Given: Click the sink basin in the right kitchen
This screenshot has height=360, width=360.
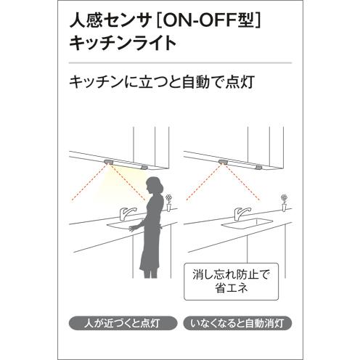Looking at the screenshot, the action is click(247, 223).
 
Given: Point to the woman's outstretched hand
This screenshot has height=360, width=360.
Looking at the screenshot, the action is click(134, 228).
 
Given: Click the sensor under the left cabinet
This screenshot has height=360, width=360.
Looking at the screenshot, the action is click(109, 162).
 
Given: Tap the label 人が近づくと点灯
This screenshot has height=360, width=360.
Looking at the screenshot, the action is click(123, 323).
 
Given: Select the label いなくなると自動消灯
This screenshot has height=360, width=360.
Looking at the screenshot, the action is click(237, 323).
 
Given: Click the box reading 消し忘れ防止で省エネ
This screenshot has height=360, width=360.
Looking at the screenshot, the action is click(232, 282).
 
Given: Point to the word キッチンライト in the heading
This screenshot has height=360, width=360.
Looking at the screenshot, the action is click(123, 43).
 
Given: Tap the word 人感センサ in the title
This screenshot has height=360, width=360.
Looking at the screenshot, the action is click(110, 21).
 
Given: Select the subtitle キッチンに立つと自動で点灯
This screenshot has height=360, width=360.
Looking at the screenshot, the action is click(162, 82).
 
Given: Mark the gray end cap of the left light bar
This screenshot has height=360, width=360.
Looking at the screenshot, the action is click(144, 167).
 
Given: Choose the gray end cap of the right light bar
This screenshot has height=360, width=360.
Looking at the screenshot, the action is click(259, 167).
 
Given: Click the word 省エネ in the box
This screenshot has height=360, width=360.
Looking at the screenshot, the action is click(232, 288).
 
